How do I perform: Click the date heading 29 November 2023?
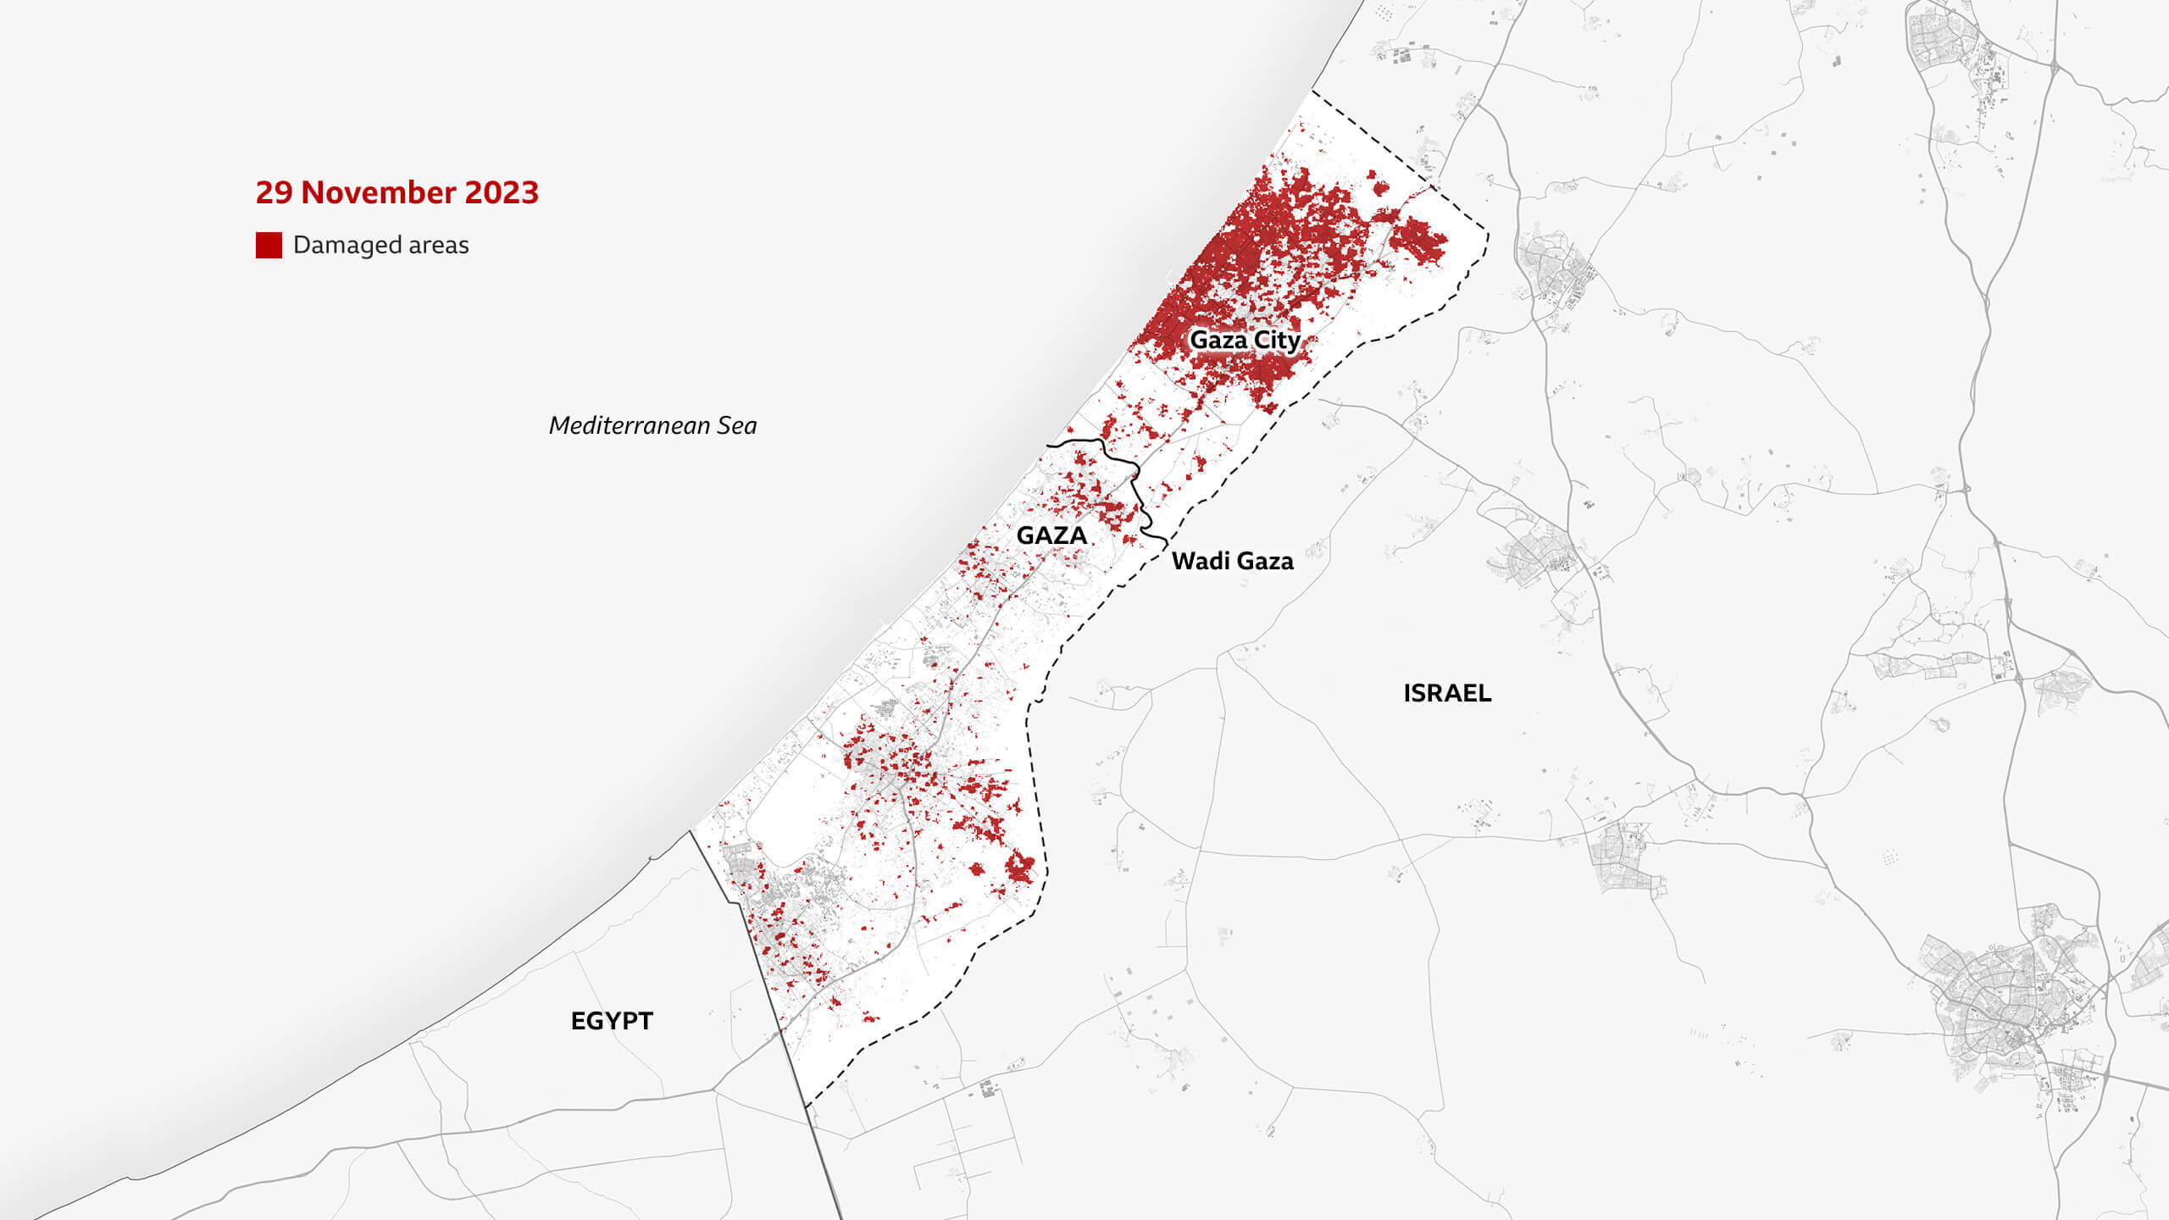tap(397, 193)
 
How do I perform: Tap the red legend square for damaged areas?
tap(269, 245)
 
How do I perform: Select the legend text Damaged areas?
tap(380, 245)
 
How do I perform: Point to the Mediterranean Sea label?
tap(652, 425)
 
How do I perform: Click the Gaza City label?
tap(1245, 340)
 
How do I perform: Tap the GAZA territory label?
tap(1051, 535)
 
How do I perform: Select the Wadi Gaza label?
tap(1232, 561)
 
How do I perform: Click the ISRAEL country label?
tap(1447, 693)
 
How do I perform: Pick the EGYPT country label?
tap(612, 1021)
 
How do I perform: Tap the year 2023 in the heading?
tap(502, 193)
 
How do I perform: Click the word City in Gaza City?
tap(1278, 340)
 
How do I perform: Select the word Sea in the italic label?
tap(736, 425)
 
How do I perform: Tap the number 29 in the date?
tap(274, 193)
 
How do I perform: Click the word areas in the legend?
tap(438, 245)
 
